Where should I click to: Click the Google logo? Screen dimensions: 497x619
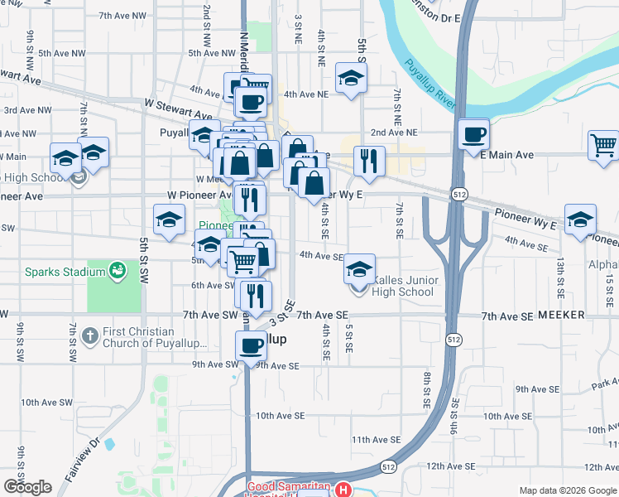[27, 487]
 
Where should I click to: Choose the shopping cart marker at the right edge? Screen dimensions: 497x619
[604, 146]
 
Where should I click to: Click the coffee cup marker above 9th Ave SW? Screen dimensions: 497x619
[251, 345]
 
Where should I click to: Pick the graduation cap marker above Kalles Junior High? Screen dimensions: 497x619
[359, 268]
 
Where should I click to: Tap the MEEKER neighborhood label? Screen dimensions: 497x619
[561, 316]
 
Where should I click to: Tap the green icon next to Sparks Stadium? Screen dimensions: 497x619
[117, 270]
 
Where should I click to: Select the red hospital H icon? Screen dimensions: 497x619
[343, 490]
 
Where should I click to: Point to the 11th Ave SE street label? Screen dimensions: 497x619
[376, 440]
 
